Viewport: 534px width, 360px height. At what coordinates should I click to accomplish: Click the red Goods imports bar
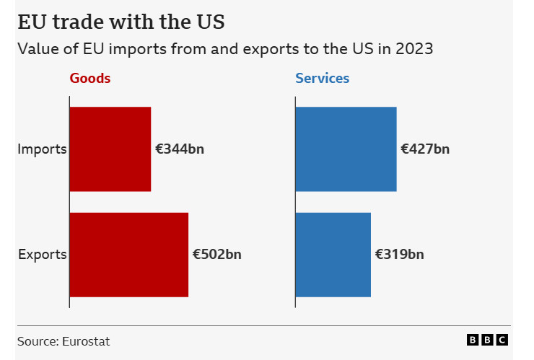point(110,149)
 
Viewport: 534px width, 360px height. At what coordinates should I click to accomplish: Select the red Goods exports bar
point(129,255)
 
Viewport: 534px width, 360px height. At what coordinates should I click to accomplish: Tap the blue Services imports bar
point(346,149)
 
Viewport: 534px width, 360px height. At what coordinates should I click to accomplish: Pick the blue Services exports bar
point(333,255)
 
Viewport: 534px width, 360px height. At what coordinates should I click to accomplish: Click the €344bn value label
point(180,149)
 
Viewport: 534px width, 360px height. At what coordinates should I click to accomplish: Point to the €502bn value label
point(217,255)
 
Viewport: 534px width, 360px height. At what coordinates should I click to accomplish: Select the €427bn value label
point(426,149)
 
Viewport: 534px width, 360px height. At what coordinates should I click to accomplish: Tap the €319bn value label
point(400,255)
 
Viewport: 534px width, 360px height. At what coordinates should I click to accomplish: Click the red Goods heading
point(90,78)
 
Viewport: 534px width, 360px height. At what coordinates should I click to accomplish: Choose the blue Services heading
point(323,78)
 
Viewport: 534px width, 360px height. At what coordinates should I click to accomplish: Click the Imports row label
point(42,149)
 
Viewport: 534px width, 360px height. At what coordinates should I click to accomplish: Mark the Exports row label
point(42,255)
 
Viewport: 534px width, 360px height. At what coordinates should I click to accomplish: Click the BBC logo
point(488,341)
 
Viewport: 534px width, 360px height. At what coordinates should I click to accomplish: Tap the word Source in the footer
point(36,341)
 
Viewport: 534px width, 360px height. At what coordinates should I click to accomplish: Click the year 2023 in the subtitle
point(416,49)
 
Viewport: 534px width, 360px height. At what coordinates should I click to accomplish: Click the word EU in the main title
point(31,22)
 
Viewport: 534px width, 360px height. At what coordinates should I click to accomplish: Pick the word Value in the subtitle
point(36,49)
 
